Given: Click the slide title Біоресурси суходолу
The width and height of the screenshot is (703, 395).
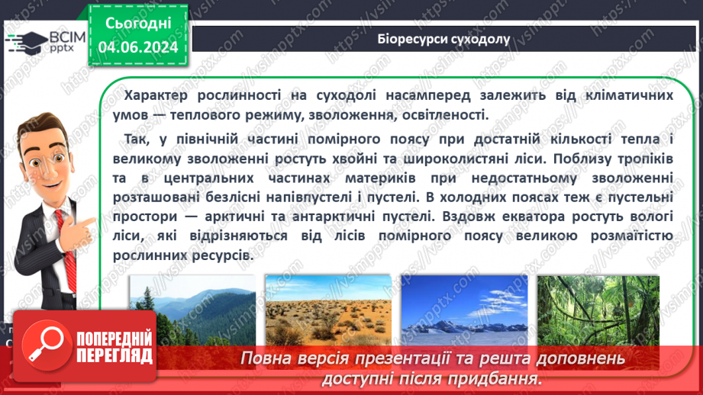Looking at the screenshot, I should [x=442, y=39].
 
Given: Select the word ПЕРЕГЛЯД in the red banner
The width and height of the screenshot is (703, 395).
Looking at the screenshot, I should [x=114, y=355].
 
